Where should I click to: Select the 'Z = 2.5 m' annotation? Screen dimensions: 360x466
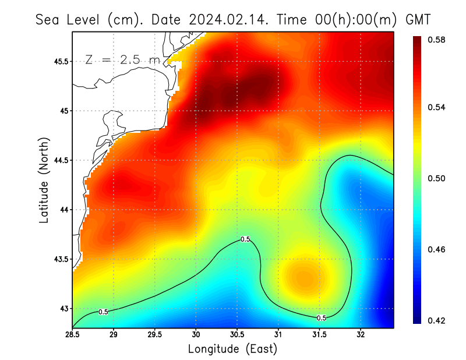[122, 59]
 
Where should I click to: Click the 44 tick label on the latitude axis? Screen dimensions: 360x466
[62, 210]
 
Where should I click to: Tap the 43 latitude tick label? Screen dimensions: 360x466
[62, 309]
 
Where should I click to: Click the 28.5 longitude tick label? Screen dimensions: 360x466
[73, 335]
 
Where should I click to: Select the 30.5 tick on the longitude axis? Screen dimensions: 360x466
[237, 335]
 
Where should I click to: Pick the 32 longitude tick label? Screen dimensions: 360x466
[361, 335]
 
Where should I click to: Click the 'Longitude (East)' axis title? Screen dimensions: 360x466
[232, 350]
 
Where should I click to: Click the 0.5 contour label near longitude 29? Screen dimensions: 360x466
[103, 312]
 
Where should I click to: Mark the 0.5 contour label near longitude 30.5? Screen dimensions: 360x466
[245, 239]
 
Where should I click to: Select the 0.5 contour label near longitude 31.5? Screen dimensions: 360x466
[321, 318]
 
